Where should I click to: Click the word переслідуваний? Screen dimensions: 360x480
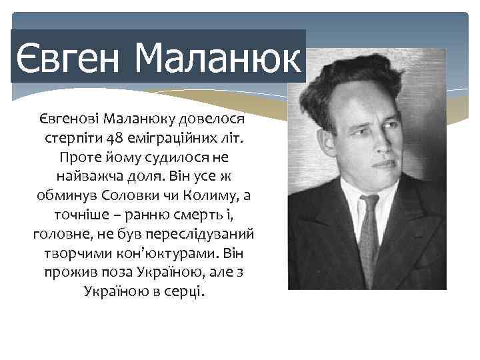point(206,235)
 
